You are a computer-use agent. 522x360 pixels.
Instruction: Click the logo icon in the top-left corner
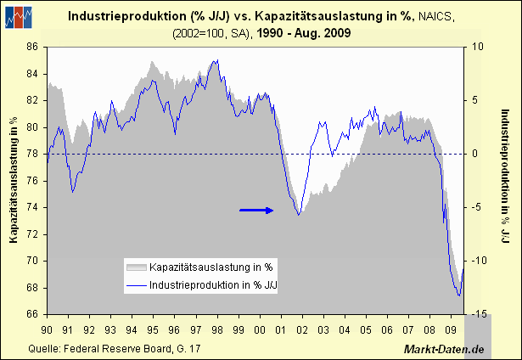[x=19, y=16]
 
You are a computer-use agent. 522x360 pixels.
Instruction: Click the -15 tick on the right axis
[x=479, y=314]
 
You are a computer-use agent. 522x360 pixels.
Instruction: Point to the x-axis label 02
[x=301, y=329]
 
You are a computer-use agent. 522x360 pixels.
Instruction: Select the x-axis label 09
[x=450, y=329]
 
